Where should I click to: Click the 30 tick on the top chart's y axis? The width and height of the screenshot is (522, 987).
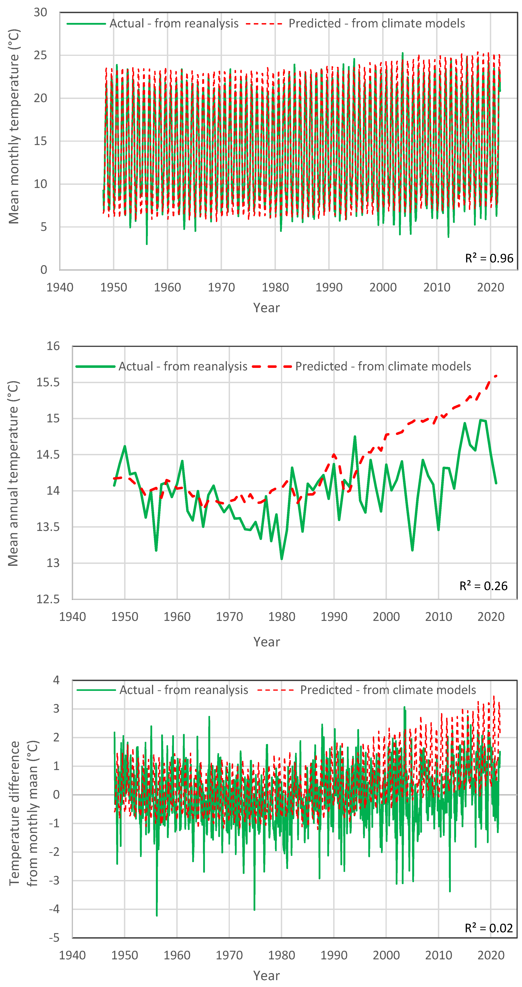point(40,13)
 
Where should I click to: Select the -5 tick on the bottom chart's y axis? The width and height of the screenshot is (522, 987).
point(54,938)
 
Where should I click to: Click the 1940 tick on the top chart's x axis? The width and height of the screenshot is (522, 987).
point(60,287)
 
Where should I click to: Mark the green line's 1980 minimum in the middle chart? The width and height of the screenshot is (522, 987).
point(282,559)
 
